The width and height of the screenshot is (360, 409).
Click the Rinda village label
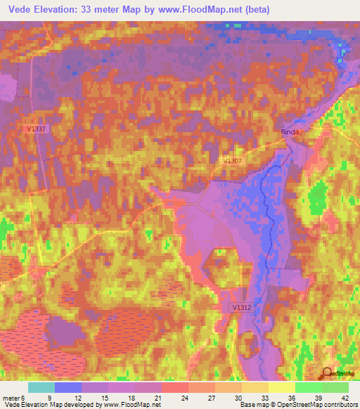click(x=290, y=131)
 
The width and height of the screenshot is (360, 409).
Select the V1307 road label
click(x=233, y=161)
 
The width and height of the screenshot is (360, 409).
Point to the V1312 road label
click(x=241, y=308)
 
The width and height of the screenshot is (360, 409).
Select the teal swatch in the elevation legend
click(x=41, y=387)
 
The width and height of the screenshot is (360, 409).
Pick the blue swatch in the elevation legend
click(x=68, y=387)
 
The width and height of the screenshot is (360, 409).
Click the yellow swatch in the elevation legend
click(x=281, y=387)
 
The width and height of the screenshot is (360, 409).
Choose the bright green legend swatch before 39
click(x=308, y=387)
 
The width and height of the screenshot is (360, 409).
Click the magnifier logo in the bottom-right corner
click(x=328, y=374)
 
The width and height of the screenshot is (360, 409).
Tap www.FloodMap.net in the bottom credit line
click(x=133, y=405)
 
